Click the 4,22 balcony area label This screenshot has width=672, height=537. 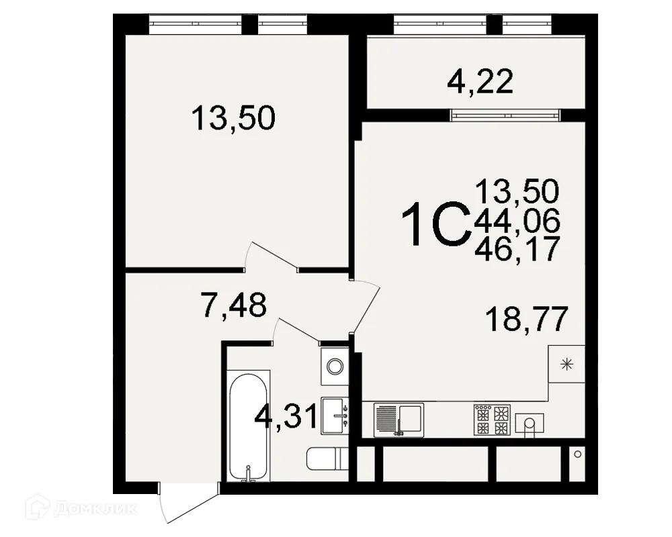pos(480,82)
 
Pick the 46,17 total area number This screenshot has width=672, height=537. pos(517,250)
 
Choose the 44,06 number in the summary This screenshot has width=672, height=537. pos(517,221)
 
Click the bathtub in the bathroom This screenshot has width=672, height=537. pos(249,426)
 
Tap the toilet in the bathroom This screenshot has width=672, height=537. pos(325,459)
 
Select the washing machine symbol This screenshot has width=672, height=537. pos(334,366)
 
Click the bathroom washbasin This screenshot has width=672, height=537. pos(335,413)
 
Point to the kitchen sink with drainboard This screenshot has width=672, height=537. pos(398,420)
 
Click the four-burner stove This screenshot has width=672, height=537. pos(492,420)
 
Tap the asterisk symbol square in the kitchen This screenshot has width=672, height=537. pos(566,364)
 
